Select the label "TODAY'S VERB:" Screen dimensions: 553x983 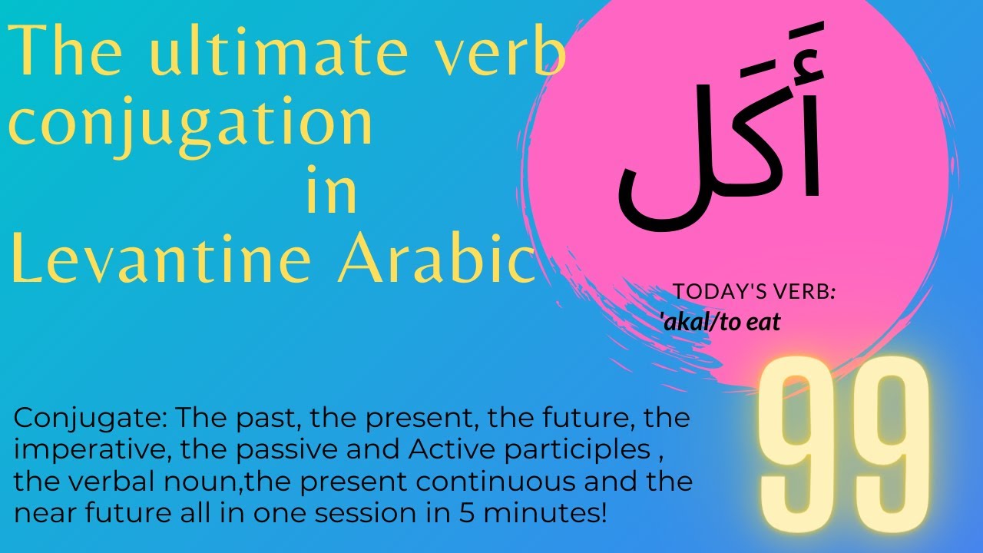pyautogui.click(x=754, y=292)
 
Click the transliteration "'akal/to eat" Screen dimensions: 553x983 pyautogui.click(x=720, y=322)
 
